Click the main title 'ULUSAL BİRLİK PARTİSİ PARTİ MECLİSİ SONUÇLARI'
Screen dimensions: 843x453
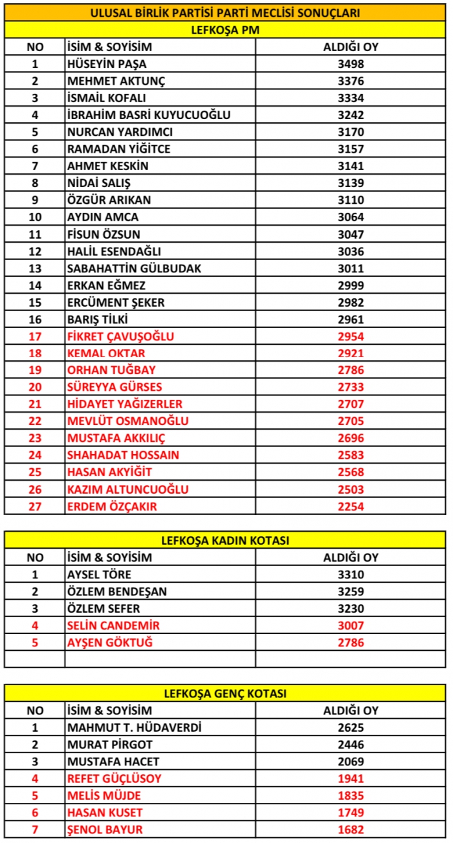point(225,13)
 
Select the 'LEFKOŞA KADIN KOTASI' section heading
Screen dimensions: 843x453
point(225,540)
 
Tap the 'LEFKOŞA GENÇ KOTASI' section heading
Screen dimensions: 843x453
point(225,694)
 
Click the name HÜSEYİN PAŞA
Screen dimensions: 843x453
point(107,64)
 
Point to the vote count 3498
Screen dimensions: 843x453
point(351,64)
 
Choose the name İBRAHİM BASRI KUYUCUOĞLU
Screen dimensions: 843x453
point(149,115)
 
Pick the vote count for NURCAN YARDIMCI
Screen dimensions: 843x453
point(351,132)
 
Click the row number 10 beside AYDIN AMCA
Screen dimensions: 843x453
point(35,217)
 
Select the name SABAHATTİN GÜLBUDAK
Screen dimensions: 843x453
point(135,268)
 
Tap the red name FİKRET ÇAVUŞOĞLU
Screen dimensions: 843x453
point(120,336)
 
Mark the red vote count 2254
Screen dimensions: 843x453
point(351,507)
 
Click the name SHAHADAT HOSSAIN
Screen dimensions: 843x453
point(123,455)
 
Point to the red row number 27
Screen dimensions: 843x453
point(35,507)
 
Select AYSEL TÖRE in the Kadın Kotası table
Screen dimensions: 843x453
point(99,575)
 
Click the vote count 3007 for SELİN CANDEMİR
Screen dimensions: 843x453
point(351,626)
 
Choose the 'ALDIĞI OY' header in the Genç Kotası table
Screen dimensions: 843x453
point(351,710)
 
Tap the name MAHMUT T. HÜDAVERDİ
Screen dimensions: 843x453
point(134,728)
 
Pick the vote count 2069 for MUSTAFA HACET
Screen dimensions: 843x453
point(351,761)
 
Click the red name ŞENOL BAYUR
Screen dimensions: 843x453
point(105,829)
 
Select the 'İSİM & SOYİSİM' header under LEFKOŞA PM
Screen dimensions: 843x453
point(109,47)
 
